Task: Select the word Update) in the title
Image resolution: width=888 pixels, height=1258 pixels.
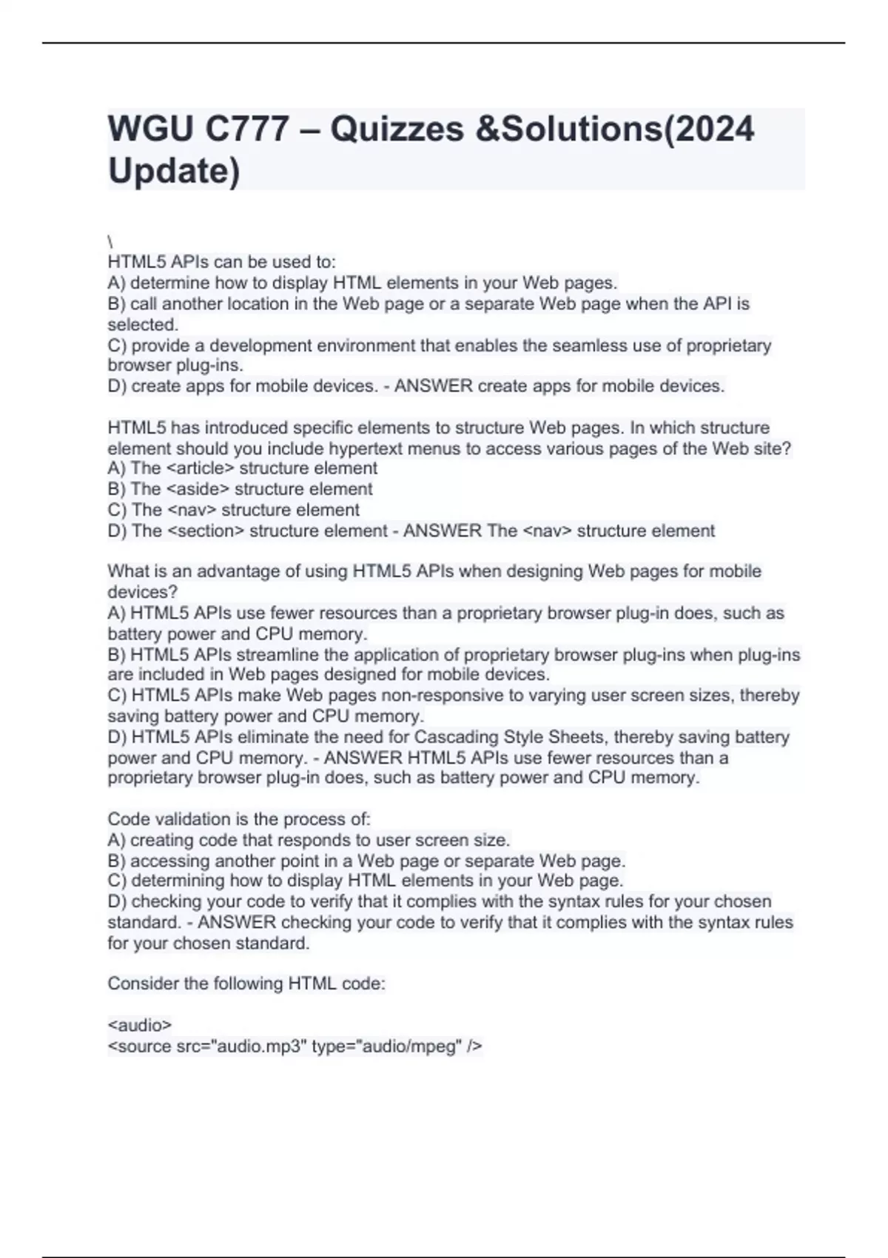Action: click(x=174, y=171)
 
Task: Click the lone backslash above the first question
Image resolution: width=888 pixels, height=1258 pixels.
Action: click(x=110, y=242)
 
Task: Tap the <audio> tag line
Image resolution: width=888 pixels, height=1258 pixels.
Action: click(x=140, y=1026)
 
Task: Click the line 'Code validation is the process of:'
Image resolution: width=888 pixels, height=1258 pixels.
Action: click(x=239, y=819)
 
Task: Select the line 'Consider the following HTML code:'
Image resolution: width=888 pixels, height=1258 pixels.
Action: click(x=246, y=983)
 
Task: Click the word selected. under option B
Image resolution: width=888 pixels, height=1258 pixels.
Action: click(x=143, y=325)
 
